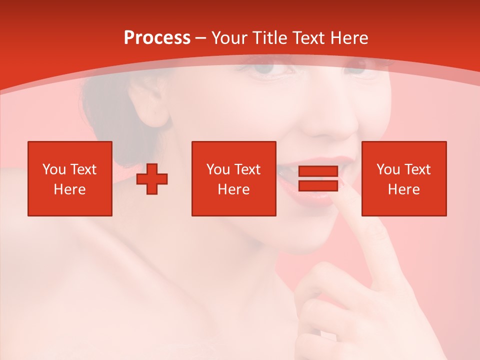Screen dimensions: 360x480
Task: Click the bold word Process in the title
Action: (157, 38)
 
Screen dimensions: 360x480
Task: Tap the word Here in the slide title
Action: (348, 38)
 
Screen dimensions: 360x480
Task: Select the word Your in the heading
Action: (231, 38)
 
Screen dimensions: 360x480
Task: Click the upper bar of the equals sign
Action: (318, 171)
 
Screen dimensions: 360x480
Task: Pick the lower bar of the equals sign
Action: (318, 185)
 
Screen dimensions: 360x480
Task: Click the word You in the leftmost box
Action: (54, 169)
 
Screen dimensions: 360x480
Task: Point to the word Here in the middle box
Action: (233, 189)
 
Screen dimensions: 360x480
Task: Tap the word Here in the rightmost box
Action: (403, 189)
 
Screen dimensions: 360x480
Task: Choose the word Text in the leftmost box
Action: (82, 169)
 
